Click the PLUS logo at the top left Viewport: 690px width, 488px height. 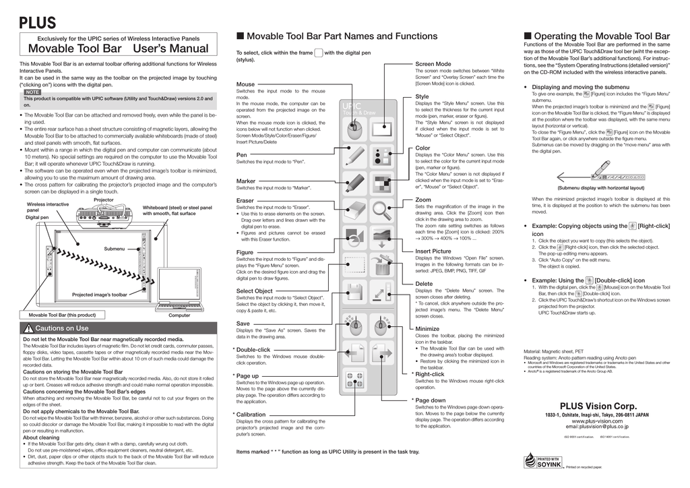point(37,22)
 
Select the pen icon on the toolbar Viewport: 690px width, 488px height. point(354,156)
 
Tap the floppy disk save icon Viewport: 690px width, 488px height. point(354,293)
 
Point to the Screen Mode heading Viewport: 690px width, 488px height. point(432,63)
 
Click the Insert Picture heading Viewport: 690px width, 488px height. point(433,251)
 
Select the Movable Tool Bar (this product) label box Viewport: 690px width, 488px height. point(62,315)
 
